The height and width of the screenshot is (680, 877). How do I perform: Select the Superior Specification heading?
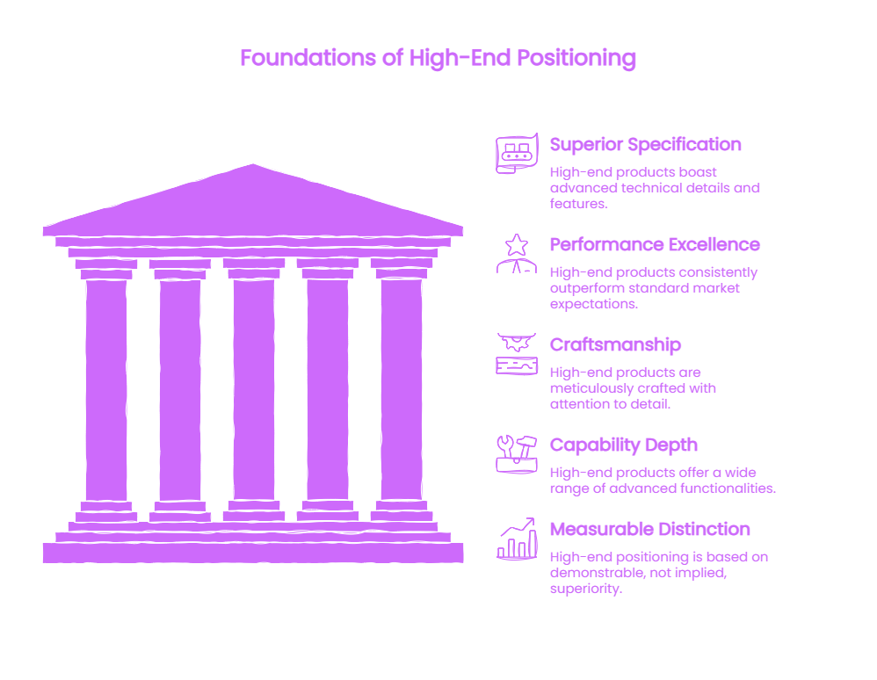coord(645,144)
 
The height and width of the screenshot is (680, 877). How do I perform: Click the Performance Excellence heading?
coord(655,244)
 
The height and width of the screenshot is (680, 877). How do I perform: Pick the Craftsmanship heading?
coord(615,344)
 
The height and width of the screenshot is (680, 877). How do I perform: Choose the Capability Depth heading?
coord(624,445)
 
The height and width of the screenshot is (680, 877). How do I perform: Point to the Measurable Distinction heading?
coord(650,529)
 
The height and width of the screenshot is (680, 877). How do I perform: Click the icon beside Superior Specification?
coord(517,153)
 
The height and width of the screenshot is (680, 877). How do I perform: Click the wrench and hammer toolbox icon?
coord(516,454)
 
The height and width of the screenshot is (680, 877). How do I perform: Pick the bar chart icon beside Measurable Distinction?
coord(517,538)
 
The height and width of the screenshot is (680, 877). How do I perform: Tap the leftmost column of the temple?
coord(106,390)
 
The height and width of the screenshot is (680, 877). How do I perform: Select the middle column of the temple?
coord(254,390)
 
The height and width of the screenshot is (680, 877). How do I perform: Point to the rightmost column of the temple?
coord(402,390)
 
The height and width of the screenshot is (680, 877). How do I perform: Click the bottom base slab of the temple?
coord(253,553)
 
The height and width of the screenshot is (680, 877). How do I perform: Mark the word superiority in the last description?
coord(585,589)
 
